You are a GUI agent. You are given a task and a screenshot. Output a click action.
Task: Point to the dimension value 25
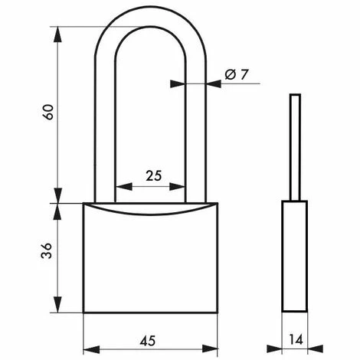click(x=153, y=175)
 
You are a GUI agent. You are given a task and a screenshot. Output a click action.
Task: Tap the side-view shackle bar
click(x=295, y=146)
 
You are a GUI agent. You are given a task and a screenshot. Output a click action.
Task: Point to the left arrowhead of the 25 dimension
click(x=119, y=187)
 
